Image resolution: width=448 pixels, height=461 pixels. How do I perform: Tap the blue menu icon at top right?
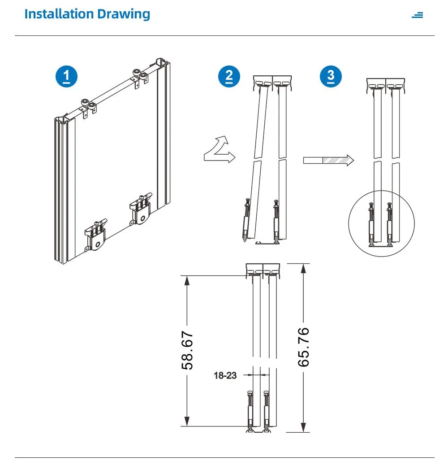coord(417,15)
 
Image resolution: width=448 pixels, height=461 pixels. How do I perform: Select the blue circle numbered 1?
coord(66,77)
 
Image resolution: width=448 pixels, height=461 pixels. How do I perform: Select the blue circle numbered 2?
coord(229,77)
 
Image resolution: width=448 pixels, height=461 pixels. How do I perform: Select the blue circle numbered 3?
coord(331,76)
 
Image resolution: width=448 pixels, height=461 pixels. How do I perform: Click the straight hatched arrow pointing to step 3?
coord(328,160)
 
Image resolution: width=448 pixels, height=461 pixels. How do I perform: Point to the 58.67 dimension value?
coord(187,350)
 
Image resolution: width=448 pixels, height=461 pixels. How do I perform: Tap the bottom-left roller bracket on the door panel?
coord(96,235)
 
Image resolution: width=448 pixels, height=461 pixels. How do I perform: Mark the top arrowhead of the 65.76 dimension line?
coord(304,269)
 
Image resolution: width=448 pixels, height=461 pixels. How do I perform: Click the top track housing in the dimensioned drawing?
coord(263,269)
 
